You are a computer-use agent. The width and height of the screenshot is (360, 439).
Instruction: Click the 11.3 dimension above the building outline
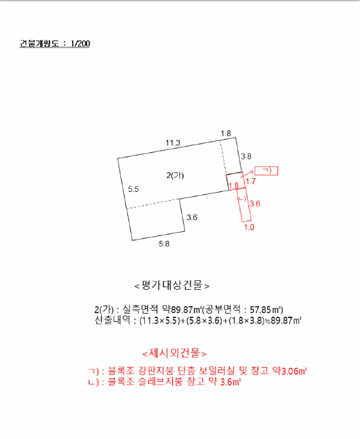[173, 143]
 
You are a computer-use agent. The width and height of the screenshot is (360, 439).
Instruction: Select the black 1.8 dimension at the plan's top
[226, 133]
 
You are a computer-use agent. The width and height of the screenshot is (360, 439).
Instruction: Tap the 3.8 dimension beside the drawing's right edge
[246, 156]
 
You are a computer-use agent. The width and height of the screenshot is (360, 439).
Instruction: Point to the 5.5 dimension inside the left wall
[133, 189]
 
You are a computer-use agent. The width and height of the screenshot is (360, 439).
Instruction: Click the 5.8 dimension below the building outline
[164, 244]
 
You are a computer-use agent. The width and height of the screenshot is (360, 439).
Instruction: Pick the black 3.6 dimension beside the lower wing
[192, 218]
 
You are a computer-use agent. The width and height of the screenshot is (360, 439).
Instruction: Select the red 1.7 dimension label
[250, 181]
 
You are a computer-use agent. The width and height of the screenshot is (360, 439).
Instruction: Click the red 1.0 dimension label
[249, 227]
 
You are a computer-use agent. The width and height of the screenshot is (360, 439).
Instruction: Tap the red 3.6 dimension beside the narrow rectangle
[255, 204]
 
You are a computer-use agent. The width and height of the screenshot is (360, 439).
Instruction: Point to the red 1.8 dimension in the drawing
[233, 186]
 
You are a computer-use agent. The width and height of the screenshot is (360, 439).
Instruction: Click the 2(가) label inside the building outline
[176, 176]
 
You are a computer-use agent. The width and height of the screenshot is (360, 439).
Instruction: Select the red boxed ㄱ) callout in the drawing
[267, 171]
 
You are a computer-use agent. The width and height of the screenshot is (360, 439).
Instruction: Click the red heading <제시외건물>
[174, 353]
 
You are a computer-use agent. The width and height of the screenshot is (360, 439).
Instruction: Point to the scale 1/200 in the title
[80, 45]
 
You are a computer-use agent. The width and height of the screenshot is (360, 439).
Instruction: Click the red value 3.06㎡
[293, 371]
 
